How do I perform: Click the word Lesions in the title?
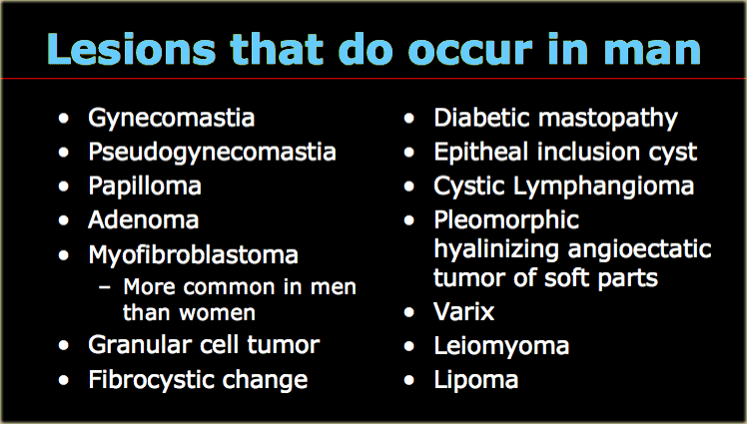[x=132, y=49]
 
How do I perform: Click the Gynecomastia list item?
[x=172, y=118]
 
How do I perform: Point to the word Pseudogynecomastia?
[x=212, y=153]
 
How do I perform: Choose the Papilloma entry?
[x=145, y=187]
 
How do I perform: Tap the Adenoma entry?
[x=144, y=220]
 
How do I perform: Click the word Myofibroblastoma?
[x=194, y=254]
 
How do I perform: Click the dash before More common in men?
[x=104, y=287]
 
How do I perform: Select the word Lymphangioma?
[x=603, y=187]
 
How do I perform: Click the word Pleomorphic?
[x=506, y=220]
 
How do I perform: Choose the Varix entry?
[x=464, y=312]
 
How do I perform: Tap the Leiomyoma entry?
[x=501, y=346]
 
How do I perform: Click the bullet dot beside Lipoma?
[x=409, y=380]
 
